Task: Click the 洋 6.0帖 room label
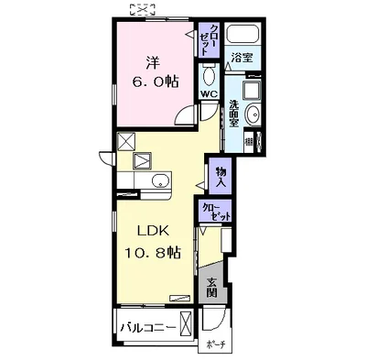pos(155,72)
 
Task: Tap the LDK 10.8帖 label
pos(153,242)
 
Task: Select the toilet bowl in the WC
pos(210,76)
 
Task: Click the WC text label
pos(209,94)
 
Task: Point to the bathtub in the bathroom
pos(243,34)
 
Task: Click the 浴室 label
pos(242,58)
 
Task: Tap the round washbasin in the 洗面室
pos(253,114)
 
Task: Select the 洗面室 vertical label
pos(234,114)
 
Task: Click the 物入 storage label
pos(221,178)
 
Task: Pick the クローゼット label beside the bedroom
pos(209,39)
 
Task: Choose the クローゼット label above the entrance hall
pos(216,212)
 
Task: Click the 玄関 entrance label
pos(211,288)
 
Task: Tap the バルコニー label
pos(148,328)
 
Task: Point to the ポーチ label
pos(216,344)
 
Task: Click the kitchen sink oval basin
pos(160,180)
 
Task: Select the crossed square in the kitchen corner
pos(125,141)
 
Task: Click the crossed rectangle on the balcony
pos(186,323)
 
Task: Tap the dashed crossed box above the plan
pos(141,9)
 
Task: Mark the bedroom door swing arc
pos(184,113)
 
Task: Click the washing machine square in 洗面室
pos(252,91)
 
